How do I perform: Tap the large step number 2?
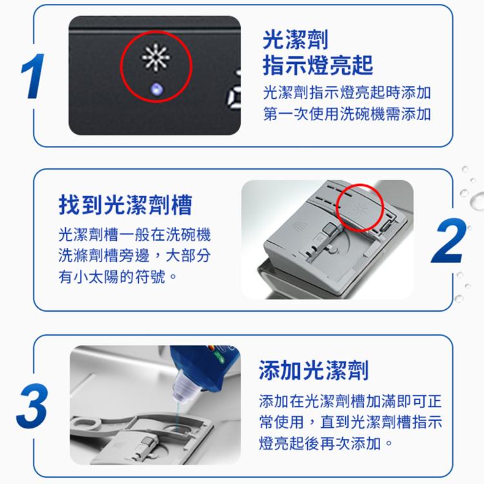(x=449, y=241)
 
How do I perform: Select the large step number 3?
(x=33, y=406)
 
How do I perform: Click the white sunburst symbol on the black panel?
(x=156, y=57)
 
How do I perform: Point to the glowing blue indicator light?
(x=157, y=90)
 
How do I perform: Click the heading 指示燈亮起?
(x=318, y=65)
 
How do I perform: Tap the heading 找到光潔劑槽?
(x=125, y=205)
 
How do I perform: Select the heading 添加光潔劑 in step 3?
(x=314, y=370)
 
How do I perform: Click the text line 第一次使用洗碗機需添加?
(x=347, y=114)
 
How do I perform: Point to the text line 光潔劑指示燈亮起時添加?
(x=347, y=92)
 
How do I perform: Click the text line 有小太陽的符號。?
(x=117, y=276)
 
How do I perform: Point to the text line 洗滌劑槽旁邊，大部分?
(x=135, y=256)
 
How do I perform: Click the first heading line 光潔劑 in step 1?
(x=296, y=39)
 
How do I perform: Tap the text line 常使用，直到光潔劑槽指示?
(x=350, y=422)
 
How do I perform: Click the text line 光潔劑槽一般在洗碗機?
(x=135, y=234)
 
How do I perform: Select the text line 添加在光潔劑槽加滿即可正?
(x=350, y=401)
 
